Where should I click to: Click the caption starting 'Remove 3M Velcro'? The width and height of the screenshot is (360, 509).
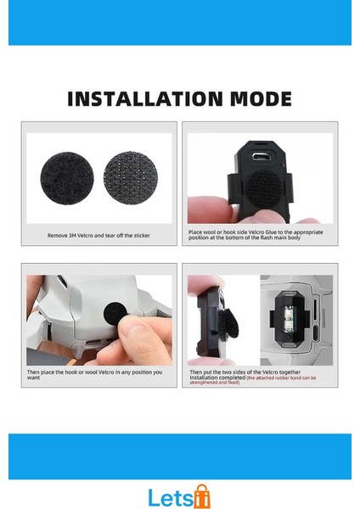99,235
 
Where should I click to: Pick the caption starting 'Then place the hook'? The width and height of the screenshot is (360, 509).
99,376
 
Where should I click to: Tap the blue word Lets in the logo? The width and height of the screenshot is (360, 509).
170,497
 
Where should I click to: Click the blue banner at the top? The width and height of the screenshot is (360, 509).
180,23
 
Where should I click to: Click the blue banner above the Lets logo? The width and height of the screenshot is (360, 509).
180,456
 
